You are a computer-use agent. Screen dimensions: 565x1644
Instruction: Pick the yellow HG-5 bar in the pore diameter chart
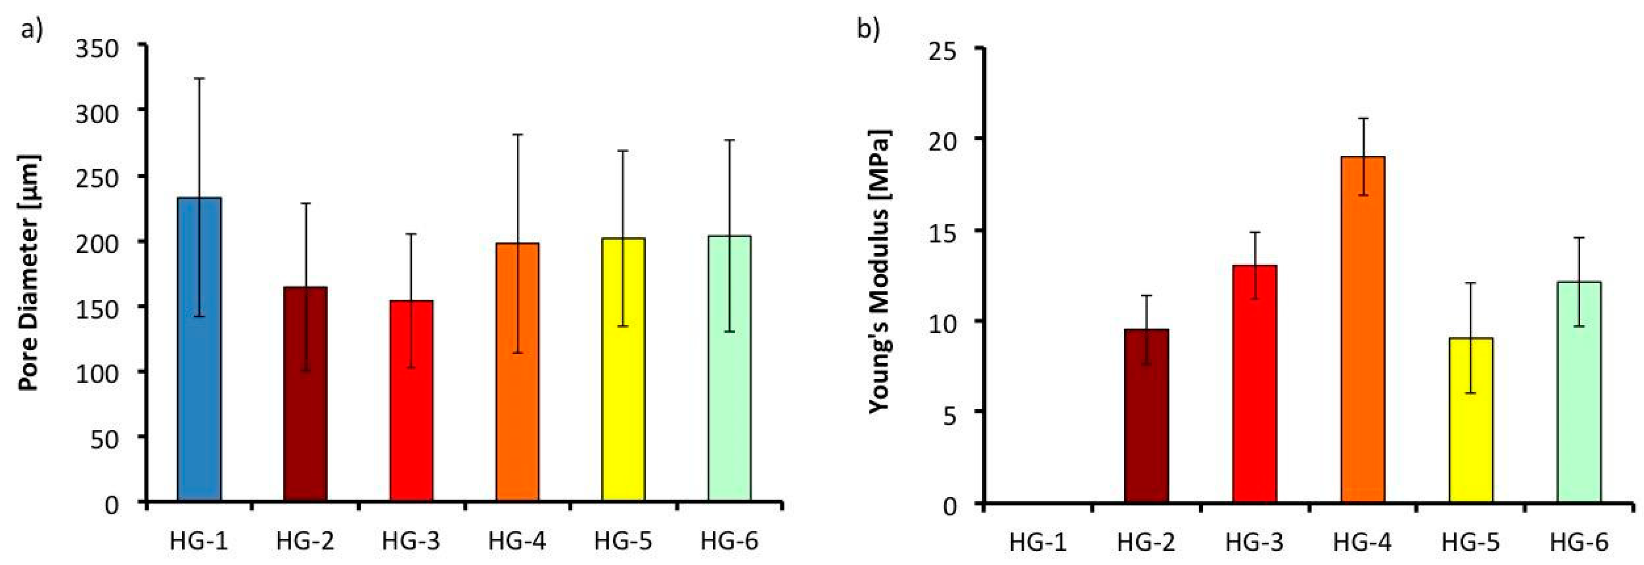pos(623,370)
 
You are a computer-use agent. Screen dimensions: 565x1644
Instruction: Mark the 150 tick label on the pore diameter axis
pos(97,308)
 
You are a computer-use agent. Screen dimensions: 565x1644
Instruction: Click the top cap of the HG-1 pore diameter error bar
pos(199,79)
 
